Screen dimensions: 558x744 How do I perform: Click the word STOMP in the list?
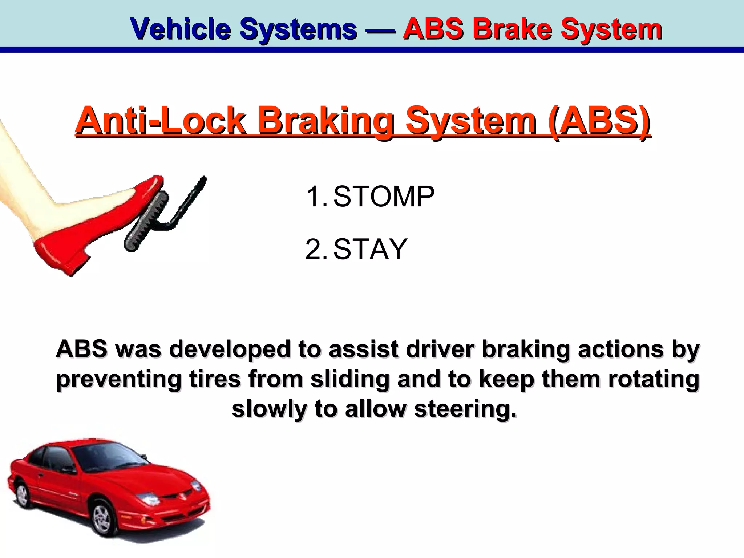point(384,197)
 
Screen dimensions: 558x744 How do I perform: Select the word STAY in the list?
point(370,249)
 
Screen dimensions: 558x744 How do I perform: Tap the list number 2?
point(315,249)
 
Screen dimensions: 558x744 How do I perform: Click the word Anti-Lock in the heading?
point(160,120)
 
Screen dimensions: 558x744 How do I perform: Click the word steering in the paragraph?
point(465,409)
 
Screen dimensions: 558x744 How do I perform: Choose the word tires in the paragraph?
point(215,379)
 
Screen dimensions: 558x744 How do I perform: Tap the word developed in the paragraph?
point(230,349)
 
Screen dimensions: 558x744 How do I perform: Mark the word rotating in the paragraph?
point(654,379)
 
